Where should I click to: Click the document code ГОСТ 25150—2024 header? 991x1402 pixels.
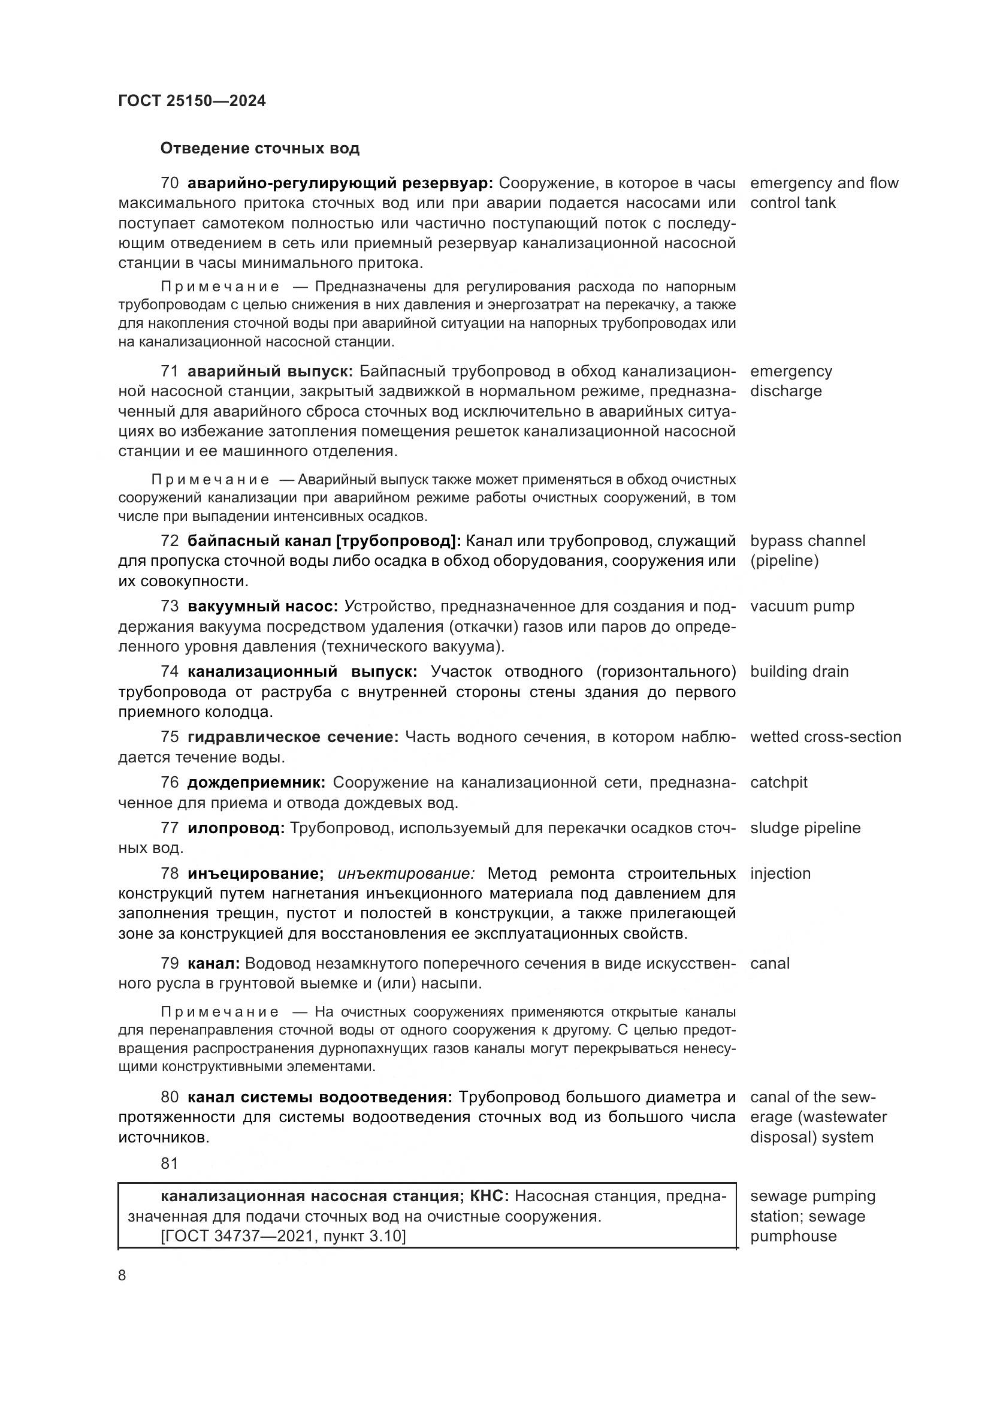192,101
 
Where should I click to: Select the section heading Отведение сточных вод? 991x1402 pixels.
259,149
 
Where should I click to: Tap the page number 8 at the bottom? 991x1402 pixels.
122,1275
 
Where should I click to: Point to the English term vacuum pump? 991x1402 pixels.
802,607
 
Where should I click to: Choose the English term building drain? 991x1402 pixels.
799,672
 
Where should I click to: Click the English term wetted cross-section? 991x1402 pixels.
825,737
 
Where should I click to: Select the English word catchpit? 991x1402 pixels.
779,783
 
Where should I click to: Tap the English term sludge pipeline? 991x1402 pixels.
805,828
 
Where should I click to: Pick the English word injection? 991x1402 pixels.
781,874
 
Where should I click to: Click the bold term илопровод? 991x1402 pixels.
235,828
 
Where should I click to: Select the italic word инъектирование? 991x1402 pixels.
406,874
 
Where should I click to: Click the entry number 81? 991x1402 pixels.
170,1164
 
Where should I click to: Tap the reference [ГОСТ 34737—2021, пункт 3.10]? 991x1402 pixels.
283,1237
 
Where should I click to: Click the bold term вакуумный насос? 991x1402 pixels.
262,607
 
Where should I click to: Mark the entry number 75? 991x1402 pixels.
170,737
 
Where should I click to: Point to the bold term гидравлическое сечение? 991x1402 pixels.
292,737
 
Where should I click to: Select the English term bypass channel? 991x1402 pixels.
807,541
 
